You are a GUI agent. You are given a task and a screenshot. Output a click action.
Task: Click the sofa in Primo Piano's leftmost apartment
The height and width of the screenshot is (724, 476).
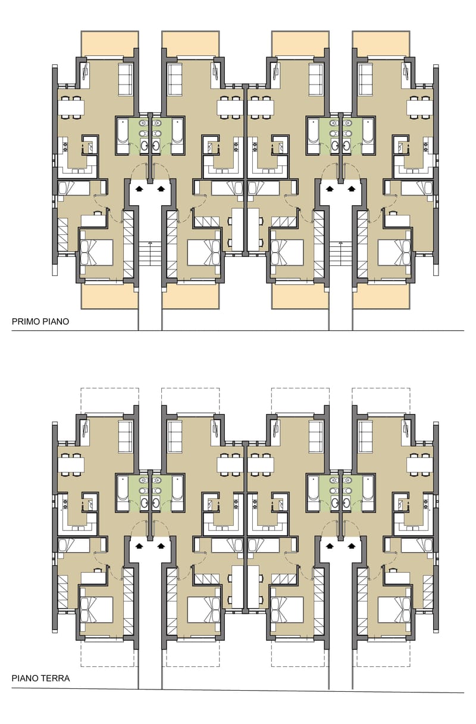[x=125, y=80]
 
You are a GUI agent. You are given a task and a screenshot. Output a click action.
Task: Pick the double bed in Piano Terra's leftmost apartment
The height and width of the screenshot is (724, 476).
[x=96, y=610]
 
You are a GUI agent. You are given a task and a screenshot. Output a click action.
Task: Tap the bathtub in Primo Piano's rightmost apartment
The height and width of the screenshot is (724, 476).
[x=368, y=136]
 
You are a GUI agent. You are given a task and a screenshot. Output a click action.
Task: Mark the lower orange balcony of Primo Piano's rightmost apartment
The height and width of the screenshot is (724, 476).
[x=381, y=296]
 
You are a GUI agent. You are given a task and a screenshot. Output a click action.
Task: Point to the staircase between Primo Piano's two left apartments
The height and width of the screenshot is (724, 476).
[x=150, y=253]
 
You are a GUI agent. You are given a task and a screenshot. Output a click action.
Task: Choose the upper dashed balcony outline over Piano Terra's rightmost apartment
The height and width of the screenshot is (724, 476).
[x=381, y=401]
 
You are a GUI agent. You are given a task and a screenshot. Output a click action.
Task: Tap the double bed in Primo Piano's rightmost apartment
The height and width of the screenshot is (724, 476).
[x=394, y=252]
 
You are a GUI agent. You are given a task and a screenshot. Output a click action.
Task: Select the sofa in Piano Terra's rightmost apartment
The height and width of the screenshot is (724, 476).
[x=365, y=437]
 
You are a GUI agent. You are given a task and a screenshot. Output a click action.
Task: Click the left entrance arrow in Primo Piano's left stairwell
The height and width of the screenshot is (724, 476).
[x=139, y=189]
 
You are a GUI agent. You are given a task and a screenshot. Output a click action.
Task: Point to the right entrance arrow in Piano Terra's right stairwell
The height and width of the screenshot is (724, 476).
[x=352, y=546]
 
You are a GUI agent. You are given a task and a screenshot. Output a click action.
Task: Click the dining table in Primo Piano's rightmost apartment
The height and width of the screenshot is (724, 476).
[x=419, y=107]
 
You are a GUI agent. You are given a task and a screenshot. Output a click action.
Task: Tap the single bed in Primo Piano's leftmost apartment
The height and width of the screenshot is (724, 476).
[x=74, y=189]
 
